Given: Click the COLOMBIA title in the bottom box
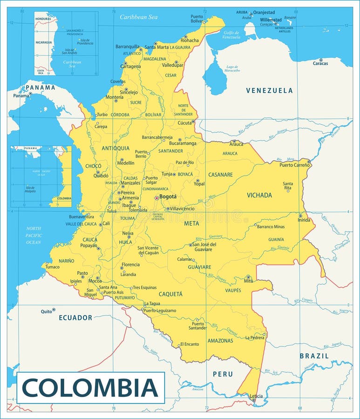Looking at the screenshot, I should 90,387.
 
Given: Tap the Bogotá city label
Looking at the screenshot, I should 168,196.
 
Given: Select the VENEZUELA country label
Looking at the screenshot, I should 270,90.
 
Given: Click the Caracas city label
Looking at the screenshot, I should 320,63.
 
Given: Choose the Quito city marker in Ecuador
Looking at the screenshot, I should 54,310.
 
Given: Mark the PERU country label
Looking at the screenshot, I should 223,374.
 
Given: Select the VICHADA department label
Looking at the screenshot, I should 259,195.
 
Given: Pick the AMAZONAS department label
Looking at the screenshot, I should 220,341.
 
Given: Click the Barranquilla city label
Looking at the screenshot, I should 128,47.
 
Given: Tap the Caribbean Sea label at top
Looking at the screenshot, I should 138,17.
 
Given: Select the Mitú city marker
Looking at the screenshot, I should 248,277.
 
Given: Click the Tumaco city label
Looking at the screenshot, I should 53,267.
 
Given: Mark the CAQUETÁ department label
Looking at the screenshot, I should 170,294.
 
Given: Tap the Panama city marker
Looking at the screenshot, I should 30,94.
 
